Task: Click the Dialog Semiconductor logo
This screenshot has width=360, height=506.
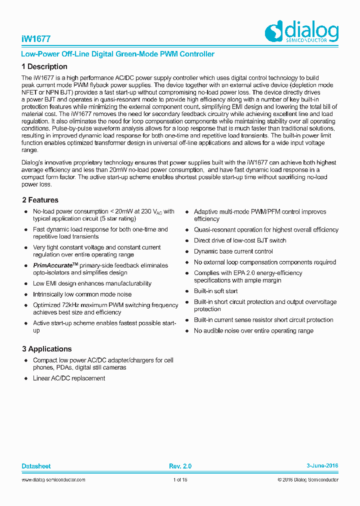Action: [301, 32]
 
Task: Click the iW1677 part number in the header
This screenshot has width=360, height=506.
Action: [36, 39]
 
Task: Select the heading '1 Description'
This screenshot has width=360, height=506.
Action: [44, 66]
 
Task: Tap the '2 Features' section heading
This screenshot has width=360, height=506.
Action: [40, 200]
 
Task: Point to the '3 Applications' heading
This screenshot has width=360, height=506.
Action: [46, 349]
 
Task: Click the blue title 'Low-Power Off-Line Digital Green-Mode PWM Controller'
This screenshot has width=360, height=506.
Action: [118, 54]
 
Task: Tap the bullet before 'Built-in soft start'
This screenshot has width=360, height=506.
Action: [187, 291]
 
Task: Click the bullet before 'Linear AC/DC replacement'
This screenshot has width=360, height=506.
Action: [26, 378]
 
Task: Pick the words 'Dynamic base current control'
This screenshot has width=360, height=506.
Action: [233, 251]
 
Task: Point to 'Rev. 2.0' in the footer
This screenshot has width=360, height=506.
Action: [180, 466]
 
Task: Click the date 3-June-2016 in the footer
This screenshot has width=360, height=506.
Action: [322, 466]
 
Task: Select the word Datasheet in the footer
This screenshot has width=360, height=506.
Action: [36, 466]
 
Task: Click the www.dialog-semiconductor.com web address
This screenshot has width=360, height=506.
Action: [53, 480]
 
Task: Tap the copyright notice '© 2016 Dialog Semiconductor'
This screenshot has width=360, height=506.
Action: [308, 480]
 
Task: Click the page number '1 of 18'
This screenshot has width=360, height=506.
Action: [180, 480]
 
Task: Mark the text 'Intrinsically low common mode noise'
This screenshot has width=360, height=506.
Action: [82, 294]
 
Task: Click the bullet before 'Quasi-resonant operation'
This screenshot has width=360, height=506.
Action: [187, 230]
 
